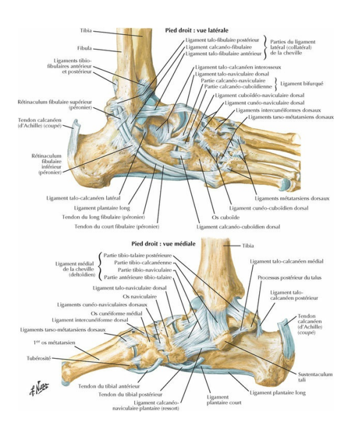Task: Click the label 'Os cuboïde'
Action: [211, 218]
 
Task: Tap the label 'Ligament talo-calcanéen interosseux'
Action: [233, 67]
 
